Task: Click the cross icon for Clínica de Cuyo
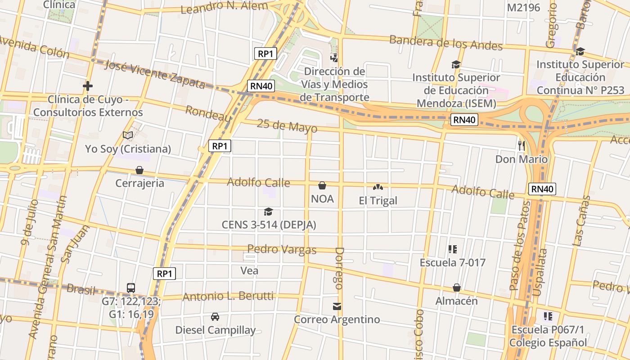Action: coord(88,85)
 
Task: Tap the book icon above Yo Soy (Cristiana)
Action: coord(128,135)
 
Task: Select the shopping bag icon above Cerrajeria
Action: coord(139,170)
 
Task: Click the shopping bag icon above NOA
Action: coord(322,185)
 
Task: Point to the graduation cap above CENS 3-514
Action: coord(268,211)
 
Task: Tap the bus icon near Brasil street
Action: coord(131,288)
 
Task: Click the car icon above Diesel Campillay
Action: coord(215,317)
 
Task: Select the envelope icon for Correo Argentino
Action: coord(337,306)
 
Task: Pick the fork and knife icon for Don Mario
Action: coord(522,145)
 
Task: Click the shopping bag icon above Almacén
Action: coord(456,288)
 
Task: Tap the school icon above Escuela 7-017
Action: coord(453,249)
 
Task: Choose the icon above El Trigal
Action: coord(378,187)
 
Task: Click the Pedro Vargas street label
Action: coord(282,249)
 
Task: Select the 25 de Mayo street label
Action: coord(287,126)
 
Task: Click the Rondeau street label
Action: coord(208,113)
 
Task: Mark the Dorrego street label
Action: coord(339,268)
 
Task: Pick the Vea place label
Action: coord(249,270)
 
